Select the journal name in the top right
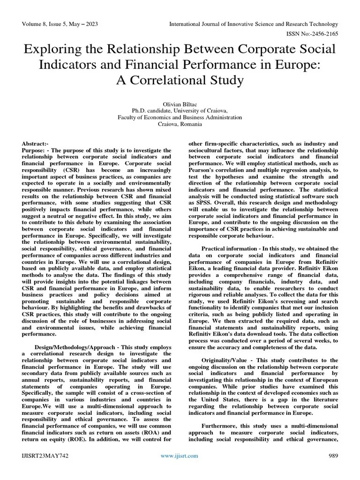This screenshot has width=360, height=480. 253,24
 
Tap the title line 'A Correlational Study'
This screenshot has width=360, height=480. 180,80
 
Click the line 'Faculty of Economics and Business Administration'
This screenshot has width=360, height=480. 180,118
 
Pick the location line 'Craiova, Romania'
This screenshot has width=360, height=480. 180,124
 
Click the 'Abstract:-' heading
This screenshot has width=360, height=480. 35,143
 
